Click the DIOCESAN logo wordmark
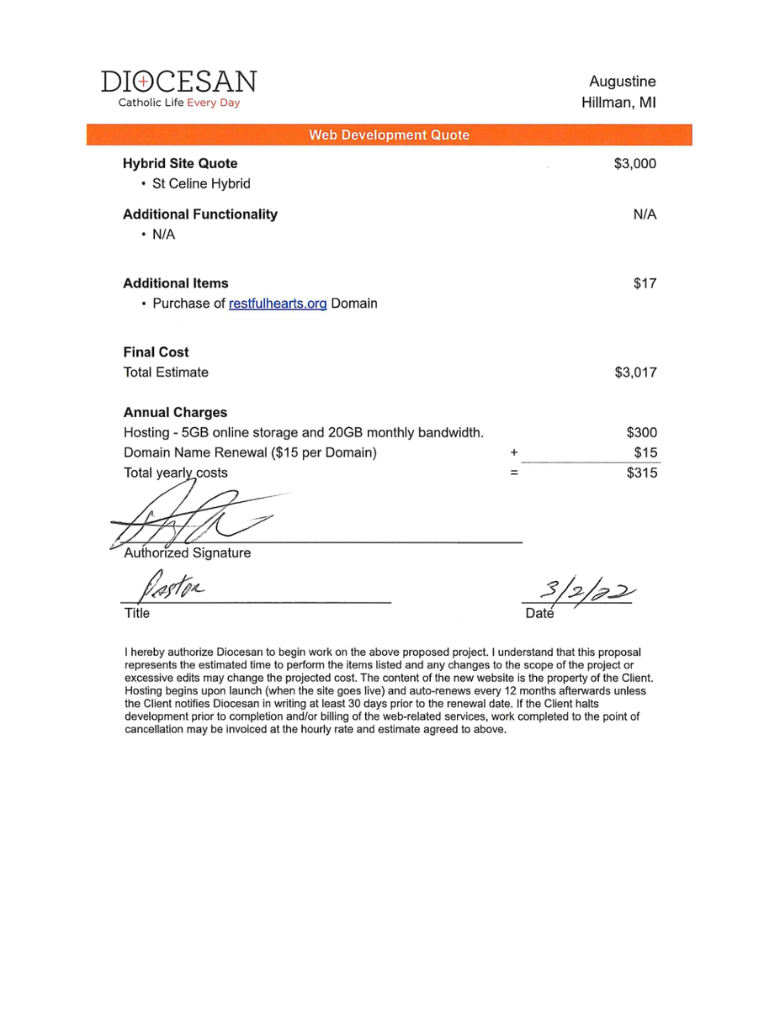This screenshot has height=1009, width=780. pos(178,82)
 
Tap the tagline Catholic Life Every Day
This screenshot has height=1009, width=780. pos(178,103)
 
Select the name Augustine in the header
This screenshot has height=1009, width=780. pos(622,82)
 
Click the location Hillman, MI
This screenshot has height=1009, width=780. pos(618,103)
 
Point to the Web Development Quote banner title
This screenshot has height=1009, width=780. pos(389,135)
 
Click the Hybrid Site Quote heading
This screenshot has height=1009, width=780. pos(180,163)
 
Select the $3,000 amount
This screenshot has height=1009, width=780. pos(634,163)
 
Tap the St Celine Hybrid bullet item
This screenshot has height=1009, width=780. pos(201,183)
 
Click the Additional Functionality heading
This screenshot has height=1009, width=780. pos(200,214)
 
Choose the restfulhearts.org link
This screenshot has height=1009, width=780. pos(278,304)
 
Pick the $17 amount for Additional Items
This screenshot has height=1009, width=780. pos(645,283)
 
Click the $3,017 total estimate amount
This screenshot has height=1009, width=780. pos(634,372)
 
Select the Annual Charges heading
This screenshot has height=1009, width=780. pos(175,413)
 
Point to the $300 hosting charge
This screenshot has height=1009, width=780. pos(641,433)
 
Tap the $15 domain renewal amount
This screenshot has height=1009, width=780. pos(645,453)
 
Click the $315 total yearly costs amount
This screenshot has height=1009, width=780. pos(641,473)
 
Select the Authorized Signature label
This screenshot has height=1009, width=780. pos(187,553)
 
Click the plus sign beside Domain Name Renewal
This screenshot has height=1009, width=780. pos(513,453)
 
